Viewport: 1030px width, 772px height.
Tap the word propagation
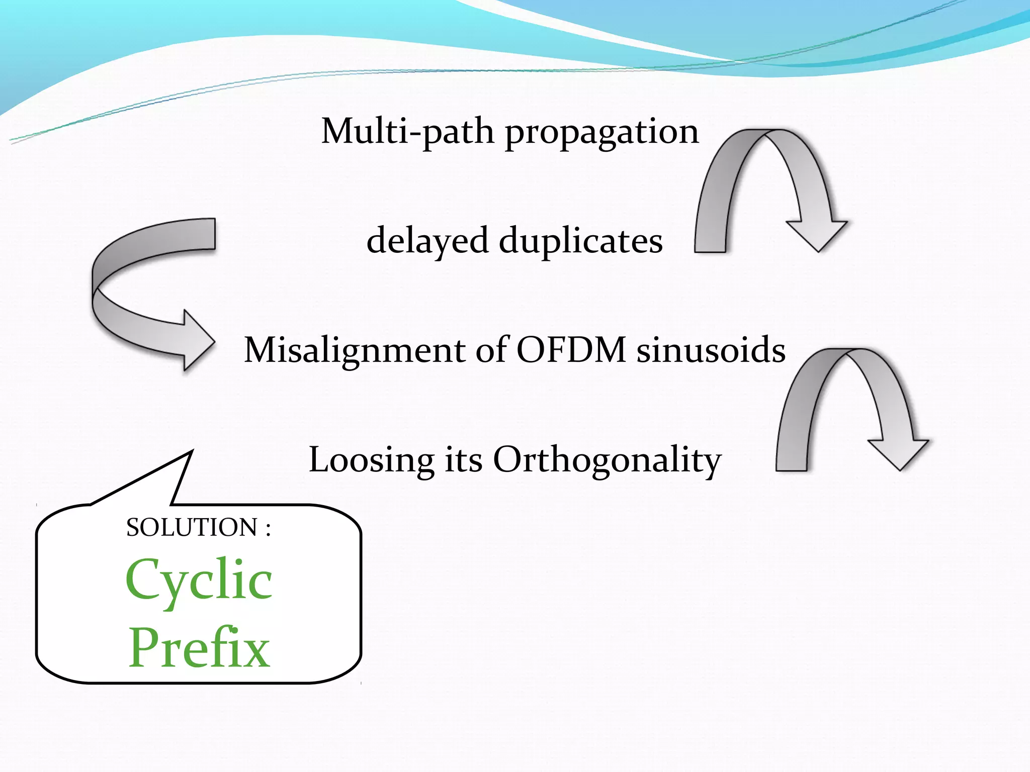click(602, 133)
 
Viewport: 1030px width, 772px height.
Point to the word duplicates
click(580, 241)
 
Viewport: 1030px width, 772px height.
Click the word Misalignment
click(355, 350)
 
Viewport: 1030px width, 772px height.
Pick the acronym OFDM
click(571, 350)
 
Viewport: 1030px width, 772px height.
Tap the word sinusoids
click(711, 350)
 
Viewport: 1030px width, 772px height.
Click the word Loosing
click(371, 460)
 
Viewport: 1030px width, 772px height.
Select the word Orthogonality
click(607, 460)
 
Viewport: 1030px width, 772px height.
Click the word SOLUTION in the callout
click(192, 528)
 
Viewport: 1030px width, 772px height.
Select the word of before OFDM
click(491, 350)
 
